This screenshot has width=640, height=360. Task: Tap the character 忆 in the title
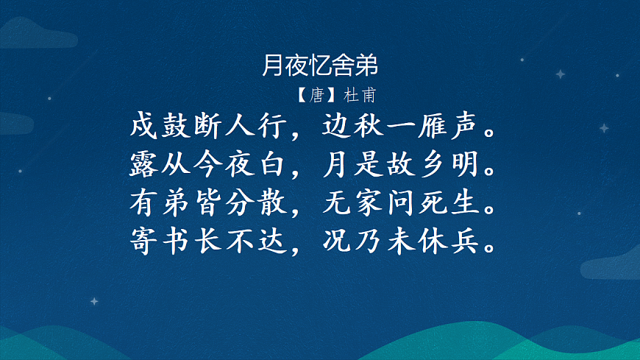point(320,67)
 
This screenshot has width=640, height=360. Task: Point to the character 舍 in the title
point(344,67)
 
